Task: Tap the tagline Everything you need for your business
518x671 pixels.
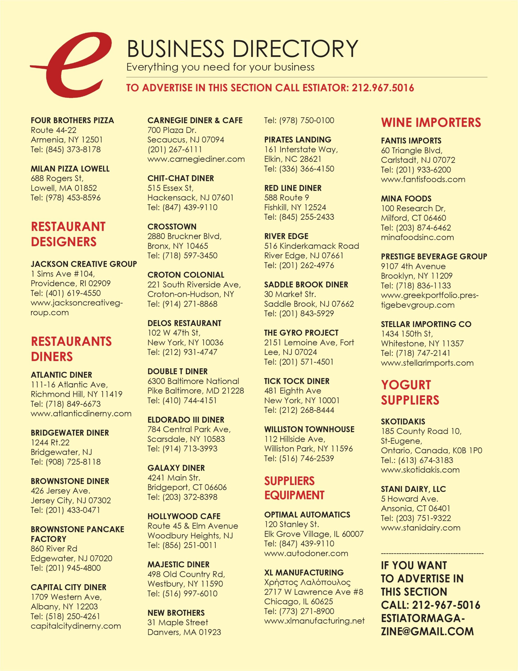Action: click(220, 67)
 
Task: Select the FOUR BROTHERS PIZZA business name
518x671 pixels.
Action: click(72, 120)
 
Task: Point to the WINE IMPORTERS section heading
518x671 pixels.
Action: click(431, 123)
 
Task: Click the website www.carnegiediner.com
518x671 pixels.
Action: click(196, 159)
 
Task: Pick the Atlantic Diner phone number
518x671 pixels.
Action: click(66, 404)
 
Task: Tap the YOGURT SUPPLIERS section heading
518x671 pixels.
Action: click(410, 392)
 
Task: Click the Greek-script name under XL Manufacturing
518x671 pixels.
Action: click(307, 582)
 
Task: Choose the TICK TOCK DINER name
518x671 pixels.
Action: click(297, 381)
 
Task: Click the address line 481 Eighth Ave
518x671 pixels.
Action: click(293, 391)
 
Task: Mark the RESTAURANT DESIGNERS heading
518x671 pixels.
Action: click(68, 234)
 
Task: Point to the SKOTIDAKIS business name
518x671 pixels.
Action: click(403, 421)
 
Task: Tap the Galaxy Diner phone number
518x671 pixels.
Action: click(182, 497)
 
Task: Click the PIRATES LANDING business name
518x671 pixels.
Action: click(297, 140)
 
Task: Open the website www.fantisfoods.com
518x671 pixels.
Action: click(423, 180)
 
